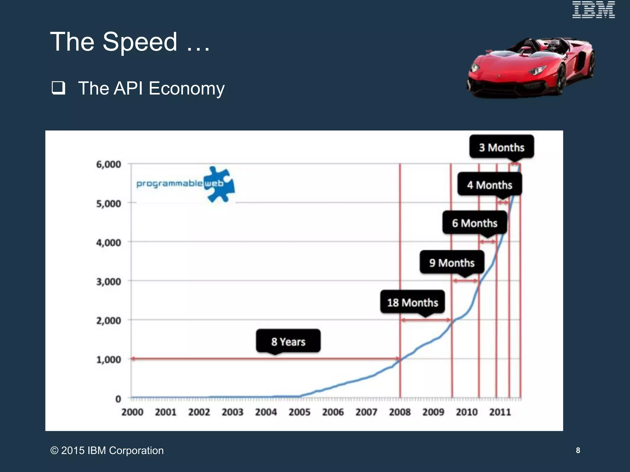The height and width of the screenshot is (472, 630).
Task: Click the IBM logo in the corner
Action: coord(593,10)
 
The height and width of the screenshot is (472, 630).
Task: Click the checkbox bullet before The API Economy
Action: coord(58,88)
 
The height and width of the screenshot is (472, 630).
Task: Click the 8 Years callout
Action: coord(288,341)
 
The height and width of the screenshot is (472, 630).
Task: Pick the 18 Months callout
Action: coord(413,302)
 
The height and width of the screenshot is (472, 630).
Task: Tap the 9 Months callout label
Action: coord(452,263)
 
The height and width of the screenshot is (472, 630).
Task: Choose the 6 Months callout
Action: coord(475,223)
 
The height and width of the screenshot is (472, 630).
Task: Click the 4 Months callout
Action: coord(490,185)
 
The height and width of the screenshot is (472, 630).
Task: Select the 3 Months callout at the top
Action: coord(501,147)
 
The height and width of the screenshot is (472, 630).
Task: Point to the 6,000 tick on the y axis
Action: coord(109,164)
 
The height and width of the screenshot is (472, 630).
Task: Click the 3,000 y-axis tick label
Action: coord(109,281)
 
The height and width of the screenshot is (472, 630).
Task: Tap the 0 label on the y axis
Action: coord(118,399)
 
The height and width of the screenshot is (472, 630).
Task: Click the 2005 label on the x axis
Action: coord(299,412)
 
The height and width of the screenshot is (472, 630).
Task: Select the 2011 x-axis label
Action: coord(500,412)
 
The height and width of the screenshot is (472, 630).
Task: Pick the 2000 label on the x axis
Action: coord(132,412)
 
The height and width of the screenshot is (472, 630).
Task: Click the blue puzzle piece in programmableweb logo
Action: coord(220,184)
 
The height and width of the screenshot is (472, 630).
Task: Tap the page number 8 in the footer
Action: coord(578,450)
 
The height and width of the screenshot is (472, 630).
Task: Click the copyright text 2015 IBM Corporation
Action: coord(107,450)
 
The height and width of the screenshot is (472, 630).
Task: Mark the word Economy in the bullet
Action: coord(186,88)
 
